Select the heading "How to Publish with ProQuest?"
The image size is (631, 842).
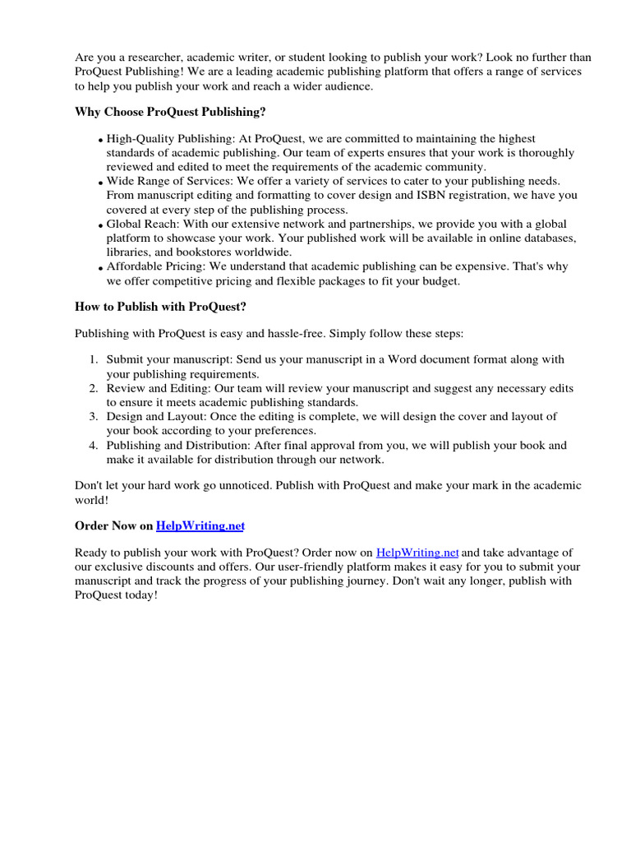(160, 307)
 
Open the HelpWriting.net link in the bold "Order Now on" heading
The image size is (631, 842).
(200, 525)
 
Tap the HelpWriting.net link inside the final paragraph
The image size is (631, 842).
(417, 553)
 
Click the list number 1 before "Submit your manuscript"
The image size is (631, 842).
(94, 359)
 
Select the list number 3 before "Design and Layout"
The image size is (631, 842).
(94, 417)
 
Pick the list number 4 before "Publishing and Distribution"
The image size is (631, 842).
(94, 446)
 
